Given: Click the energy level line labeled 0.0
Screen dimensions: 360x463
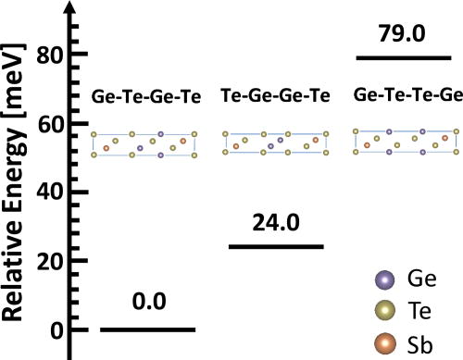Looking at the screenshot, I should coord(147,329).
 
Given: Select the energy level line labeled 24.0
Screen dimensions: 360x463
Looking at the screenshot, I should coord(276,246).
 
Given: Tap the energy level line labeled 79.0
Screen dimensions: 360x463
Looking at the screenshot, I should coord(404,57).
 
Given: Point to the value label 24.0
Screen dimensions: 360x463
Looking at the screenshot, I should coord(275,221).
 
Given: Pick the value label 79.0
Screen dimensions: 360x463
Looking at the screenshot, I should coord(404,32).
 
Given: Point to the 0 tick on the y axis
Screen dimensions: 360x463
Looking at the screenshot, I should coord(56,330).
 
